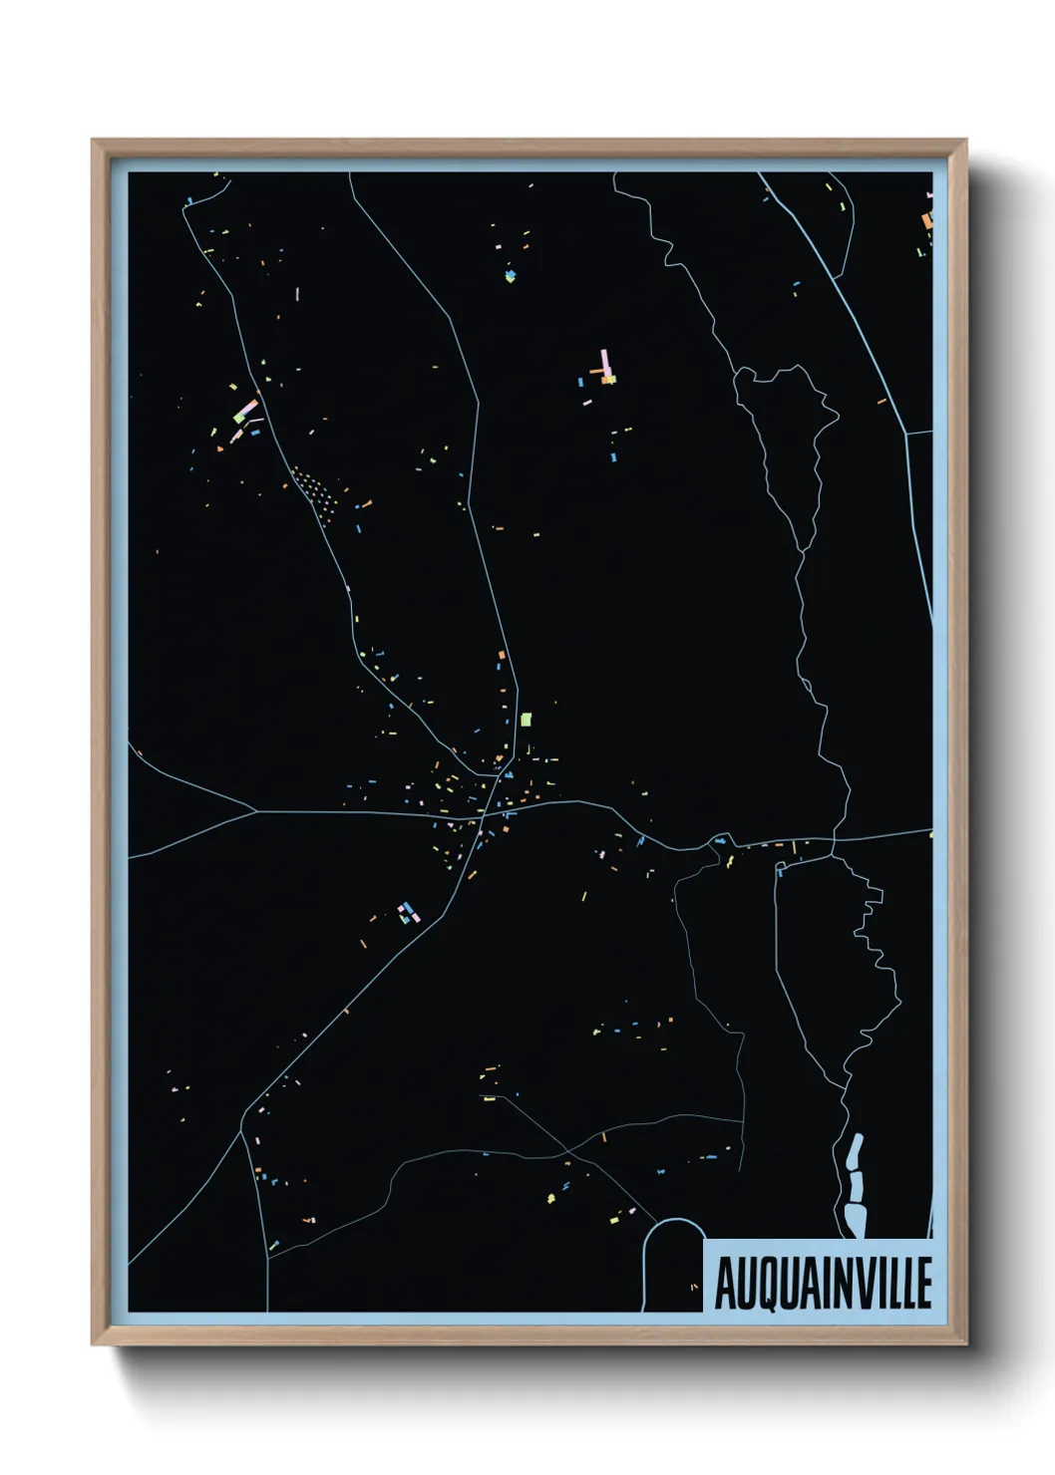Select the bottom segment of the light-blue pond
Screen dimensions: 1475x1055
855,1218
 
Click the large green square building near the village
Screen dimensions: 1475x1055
526,719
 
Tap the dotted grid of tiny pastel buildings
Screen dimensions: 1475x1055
312,487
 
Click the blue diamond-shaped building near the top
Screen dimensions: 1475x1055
511,275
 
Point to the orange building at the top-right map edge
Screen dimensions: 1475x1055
926,220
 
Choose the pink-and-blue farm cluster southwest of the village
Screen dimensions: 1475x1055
407,912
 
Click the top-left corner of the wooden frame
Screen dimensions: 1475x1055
93,141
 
